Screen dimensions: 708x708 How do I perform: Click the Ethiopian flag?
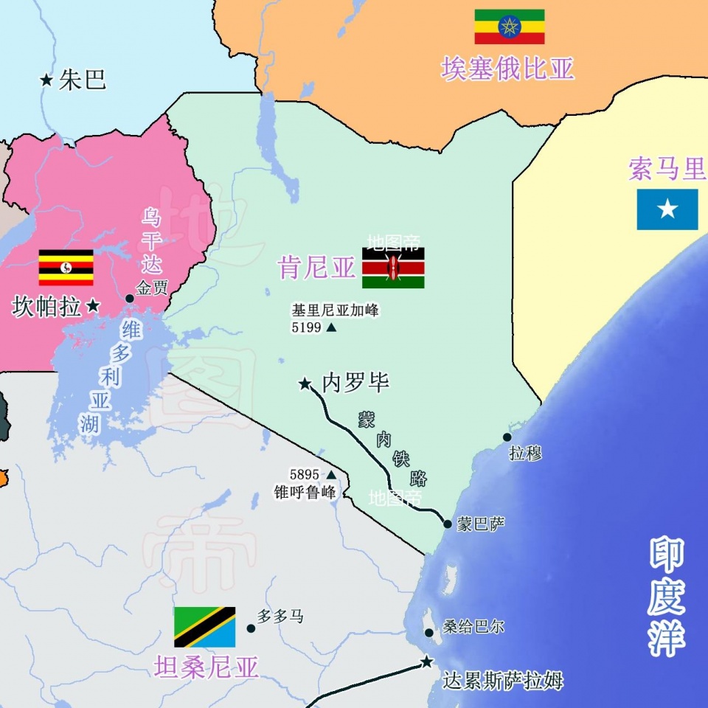point(509,27)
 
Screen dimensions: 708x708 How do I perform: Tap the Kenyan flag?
point(393,268)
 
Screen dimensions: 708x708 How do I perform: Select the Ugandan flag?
point(66,268)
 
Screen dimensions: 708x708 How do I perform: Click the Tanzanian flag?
point(204,627)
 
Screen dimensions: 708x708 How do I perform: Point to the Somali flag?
point(667,209)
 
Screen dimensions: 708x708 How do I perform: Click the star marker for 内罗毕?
point(305,383)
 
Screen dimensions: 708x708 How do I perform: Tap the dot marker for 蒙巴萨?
point(448,524)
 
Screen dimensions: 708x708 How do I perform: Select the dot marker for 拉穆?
point(507,437)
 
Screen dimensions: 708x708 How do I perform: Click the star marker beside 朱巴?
point(46,80)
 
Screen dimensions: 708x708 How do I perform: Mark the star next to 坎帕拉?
point(93,306)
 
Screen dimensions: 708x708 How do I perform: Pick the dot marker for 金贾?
point(130,298)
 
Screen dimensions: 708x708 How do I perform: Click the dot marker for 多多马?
point(251,628)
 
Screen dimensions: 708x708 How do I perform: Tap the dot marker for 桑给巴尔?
point(429,633)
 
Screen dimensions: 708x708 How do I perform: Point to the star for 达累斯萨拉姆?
point(426,662)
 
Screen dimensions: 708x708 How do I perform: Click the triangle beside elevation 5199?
point(331,327)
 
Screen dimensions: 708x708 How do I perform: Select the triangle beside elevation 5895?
point(331,475)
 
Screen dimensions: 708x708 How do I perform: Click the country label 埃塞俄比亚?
point(508,69)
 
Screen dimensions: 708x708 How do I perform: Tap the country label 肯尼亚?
point(317,268)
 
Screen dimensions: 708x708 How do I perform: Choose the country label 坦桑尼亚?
point(206,667)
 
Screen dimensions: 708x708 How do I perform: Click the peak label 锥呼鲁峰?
point(305,493)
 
